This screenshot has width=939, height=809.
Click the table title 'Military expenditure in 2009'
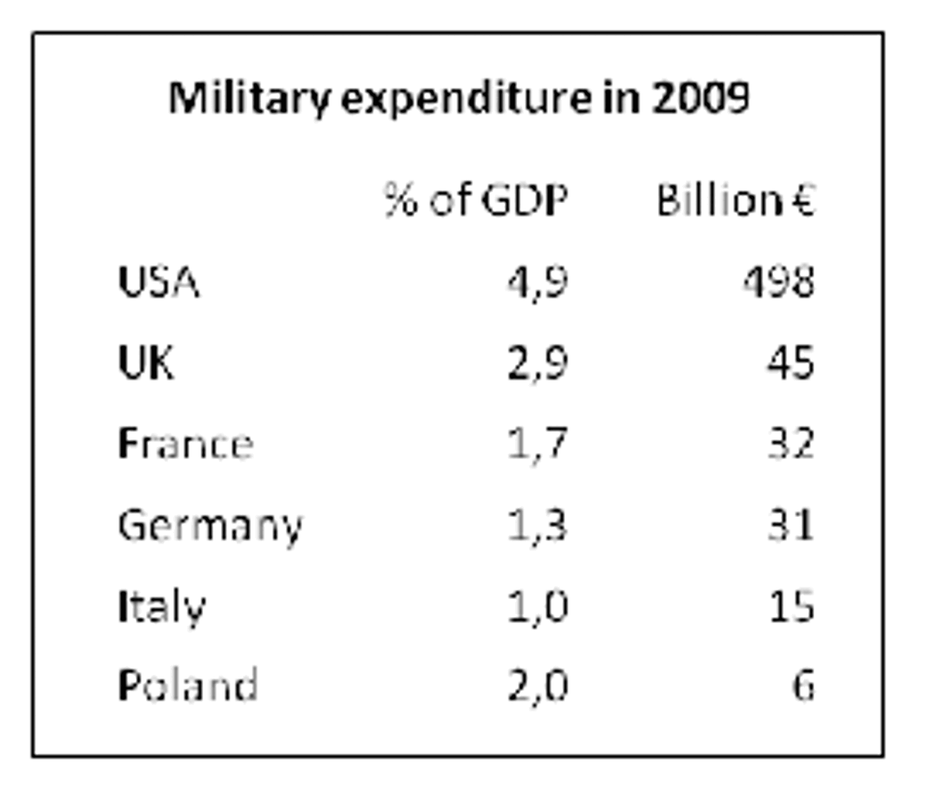point(459,98)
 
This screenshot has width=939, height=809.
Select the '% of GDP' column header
point(475,199)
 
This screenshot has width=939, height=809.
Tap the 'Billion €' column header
point(735,199)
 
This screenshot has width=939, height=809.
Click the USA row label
point(158,282)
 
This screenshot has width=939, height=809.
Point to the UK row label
point(146,362)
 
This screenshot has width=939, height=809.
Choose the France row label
point(185,444)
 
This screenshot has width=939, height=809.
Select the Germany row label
point(210,526)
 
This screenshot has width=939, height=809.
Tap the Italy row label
point(161,607)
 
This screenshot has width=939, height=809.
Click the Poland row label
point(187,685)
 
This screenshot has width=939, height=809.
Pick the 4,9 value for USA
point(537,282)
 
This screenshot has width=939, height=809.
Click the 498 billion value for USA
point(778,282)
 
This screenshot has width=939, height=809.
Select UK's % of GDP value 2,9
point(537,362)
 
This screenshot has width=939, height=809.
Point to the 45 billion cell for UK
point(790,362)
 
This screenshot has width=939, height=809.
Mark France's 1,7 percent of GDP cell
point(537,444)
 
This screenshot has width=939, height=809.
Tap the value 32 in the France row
point(790,444)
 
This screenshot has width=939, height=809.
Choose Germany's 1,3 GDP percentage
point(537,526)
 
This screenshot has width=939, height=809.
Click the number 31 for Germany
point(790,526)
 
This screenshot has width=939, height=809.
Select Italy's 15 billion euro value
point(791,607)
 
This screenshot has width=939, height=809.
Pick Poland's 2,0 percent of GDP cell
point(537,685)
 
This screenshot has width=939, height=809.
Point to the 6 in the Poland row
point(803,685)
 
